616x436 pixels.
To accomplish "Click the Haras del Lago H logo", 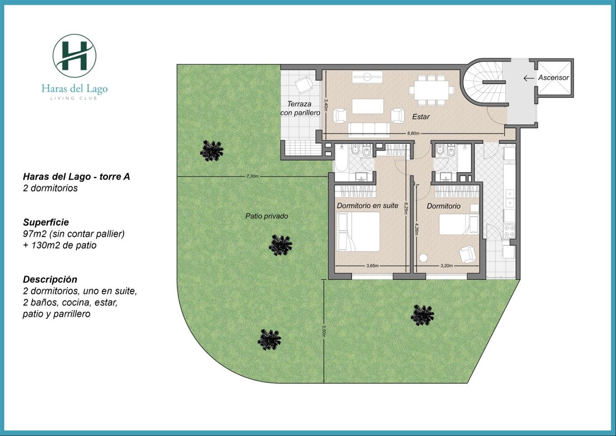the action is click(x=75, y=56).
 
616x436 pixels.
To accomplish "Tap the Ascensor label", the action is click(x=553, y=78).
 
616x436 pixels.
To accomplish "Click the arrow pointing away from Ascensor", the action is click(x=528, y=78).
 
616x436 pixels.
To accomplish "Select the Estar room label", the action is click(x=421, y=117).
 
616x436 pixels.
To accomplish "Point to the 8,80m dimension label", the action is click(x=413, y=133).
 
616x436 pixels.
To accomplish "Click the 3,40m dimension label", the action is click(x=325, y=105).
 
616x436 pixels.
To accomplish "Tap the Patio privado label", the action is click(x=267, y=216).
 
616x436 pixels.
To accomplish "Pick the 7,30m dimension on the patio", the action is click(x=253, y=176).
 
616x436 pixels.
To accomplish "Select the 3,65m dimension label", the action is click(x=372, y=266).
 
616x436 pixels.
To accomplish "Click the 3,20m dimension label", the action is click(x=447, y=266).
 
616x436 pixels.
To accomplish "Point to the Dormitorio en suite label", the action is click(x=368, y=206).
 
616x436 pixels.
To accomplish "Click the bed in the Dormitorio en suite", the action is click(x=358, y=231).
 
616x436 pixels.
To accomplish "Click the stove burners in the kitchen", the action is click(x=509, y=231).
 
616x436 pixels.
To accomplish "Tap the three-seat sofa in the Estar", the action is click(x=369, y=130).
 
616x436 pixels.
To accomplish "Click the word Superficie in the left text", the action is click(x=46, y=222).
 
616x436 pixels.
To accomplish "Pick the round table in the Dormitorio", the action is click(x=423, y=258).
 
